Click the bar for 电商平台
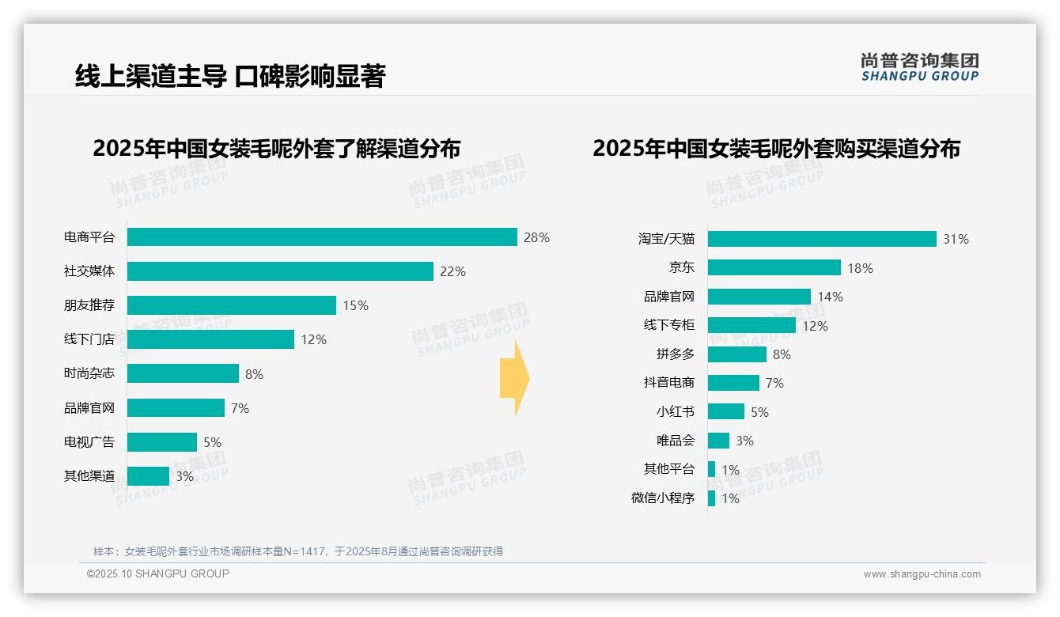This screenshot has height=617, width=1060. [x=322, y=237]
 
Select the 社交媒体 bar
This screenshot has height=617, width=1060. [x=280, y=271]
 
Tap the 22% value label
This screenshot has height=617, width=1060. [x=452, y=271]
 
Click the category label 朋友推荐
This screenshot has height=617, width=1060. [x=89, y=305]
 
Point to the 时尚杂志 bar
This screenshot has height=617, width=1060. [x=183, y=373]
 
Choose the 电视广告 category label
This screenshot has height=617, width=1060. [x=89, y=442]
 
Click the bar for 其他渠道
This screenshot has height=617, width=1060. [x=148, y=476]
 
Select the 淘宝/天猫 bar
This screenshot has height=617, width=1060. [x=822, y=239]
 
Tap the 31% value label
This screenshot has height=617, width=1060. [x=956, y=239]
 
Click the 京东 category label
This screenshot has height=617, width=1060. [x=681, y=268]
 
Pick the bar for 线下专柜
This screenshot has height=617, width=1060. [x=751, y=325]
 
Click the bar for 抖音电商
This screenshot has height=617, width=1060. [x=733, y=383]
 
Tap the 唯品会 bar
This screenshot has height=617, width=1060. [x=718, y=441]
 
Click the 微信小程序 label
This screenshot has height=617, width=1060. [x=662, y=498]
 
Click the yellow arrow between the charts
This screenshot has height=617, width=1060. [x=514, y=379]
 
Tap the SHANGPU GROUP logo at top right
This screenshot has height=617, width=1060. [x=919, y=67]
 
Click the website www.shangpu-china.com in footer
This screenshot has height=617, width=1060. [x=922, y=574]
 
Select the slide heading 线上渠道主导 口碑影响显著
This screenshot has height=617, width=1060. [x=229, y=76]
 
